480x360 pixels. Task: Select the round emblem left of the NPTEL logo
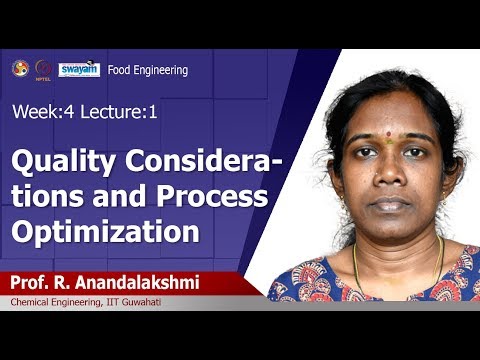20,67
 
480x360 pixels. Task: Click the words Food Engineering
148,70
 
